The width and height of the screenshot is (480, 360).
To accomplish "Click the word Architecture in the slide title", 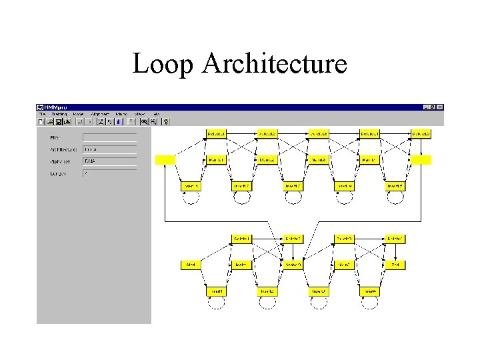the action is tap(275, 64).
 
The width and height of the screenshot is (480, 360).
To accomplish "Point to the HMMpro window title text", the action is tap(56, 107).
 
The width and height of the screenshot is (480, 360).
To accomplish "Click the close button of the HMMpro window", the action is tap(440, 107).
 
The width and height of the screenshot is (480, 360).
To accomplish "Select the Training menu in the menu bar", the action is tap(60, 114).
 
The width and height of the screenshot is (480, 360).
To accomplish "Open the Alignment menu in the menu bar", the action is tap(99, 114).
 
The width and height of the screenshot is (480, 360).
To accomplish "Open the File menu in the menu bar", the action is tap(41, 114).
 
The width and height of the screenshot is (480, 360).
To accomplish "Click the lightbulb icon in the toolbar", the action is tap(166, 121).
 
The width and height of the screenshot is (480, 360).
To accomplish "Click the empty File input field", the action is tap(109, 137).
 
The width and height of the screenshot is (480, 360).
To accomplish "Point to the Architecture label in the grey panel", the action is tap(63, 149).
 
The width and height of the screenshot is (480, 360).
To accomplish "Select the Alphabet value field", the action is tap(109, 161).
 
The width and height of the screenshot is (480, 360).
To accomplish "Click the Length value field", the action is tap(109, 173).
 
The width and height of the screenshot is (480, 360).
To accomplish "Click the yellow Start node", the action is tap(191, 265).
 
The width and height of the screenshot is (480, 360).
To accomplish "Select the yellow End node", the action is tap(395, 265).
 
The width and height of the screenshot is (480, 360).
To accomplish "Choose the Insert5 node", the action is tap(395, 186).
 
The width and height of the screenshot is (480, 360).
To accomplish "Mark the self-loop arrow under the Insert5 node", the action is tap(395, 198).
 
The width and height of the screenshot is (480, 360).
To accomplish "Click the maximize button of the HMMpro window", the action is tap(433, 107).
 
